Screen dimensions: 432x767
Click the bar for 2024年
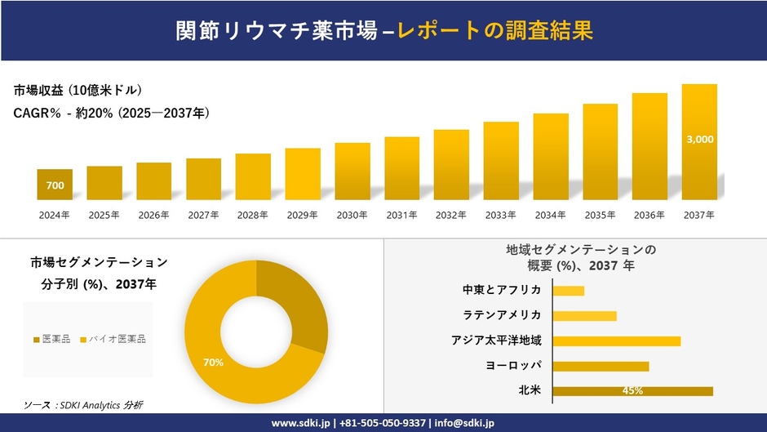tap(55, 185)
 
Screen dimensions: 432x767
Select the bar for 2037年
tap(699, 142)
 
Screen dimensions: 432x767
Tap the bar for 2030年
tap(352, 171)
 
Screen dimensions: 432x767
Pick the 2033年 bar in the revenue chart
tap(501, 161)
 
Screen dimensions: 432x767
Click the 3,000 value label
tap(699, 140)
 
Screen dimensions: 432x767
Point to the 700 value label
tap(55, 186)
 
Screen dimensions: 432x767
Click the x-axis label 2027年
tap(203, 216)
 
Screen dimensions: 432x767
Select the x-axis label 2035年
tap(600, 216)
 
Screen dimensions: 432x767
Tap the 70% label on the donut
tap(213, 363)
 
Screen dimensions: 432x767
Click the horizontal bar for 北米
tap(632, 391)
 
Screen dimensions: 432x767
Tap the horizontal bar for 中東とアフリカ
tap(569, 291)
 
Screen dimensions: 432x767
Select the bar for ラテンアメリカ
tap(584, 316)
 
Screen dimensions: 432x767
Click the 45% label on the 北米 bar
tap(632, 391)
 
